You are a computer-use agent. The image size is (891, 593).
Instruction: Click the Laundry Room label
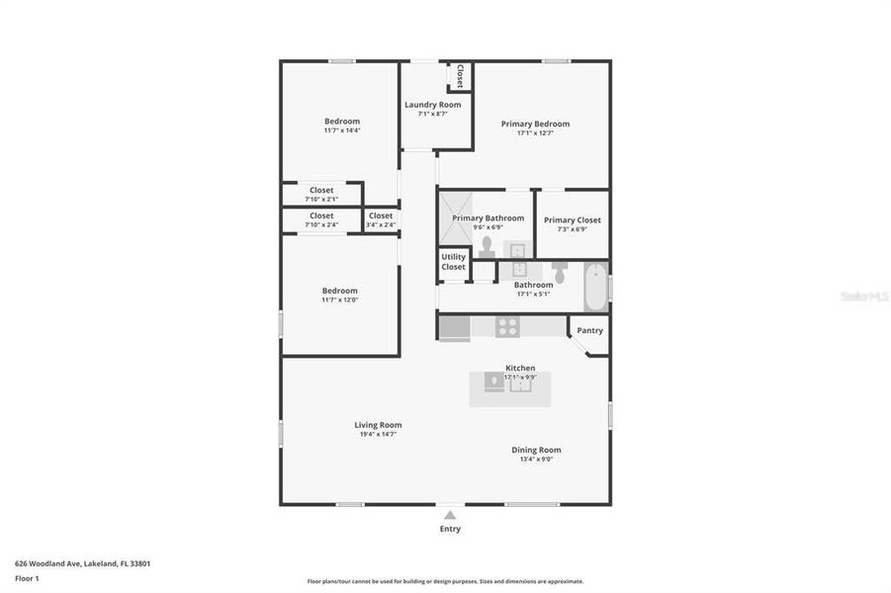[x=432, y=105]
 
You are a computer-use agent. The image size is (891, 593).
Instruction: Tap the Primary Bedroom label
[x=535, y=124]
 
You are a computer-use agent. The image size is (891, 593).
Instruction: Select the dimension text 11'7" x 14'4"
[x=342, y=130]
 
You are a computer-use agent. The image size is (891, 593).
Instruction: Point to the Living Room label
[x=378, y=425]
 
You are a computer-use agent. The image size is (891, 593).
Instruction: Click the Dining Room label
[x=536, y=450]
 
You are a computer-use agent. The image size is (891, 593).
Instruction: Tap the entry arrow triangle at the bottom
[x=450, y=515]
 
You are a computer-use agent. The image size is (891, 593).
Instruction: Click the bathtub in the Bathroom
[x=595, y=286]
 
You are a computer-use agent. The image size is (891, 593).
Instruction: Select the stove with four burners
[x=507, y=326]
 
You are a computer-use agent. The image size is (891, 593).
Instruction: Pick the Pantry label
[x=589, y=331]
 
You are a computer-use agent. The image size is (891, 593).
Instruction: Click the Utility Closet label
[x=453, y=262]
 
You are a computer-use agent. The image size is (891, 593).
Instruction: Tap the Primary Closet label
[x=572, y=220]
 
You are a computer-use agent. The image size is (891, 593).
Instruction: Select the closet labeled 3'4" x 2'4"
[x=381, y=219]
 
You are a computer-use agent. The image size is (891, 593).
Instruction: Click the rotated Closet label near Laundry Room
[x=460, y=76]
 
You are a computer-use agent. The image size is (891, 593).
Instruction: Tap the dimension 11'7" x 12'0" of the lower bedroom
[x=339, y=299]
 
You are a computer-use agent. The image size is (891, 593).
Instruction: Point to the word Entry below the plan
[x=450, y=529]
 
